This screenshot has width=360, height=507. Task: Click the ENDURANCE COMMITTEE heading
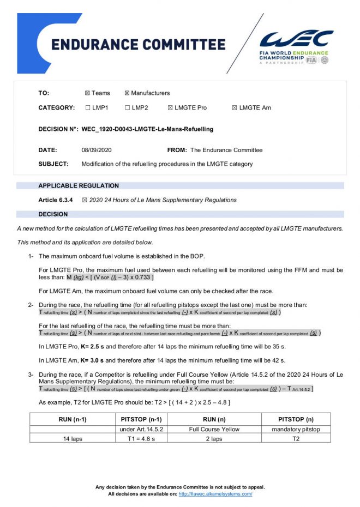coord(138,44)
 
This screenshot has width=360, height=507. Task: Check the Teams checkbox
coord(88,93)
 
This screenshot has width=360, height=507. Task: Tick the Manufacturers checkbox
coord(127,93)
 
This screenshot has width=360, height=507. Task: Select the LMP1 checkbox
coord(88,108)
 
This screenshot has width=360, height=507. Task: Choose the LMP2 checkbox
coord(127,108)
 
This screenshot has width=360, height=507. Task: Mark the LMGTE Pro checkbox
coord(170,108)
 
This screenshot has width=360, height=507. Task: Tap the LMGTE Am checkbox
coord(235,108)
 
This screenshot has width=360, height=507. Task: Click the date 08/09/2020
coord(97,150)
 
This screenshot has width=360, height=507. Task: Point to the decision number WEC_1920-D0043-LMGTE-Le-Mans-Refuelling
coord(147,129)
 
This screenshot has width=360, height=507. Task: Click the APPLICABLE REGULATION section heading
coord(79,186)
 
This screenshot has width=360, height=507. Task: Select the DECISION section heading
coord(53,214)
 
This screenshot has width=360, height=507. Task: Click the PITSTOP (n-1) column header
coord(141,419)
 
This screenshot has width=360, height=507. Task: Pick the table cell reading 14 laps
coord(73,438)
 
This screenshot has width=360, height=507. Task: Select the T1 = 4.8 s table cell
coord(141,438)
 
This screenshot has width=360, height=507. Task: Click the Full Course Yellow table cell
coord(214,429)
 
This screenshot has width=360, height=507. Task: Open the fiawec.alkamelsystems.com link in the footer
coord(215,494)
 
